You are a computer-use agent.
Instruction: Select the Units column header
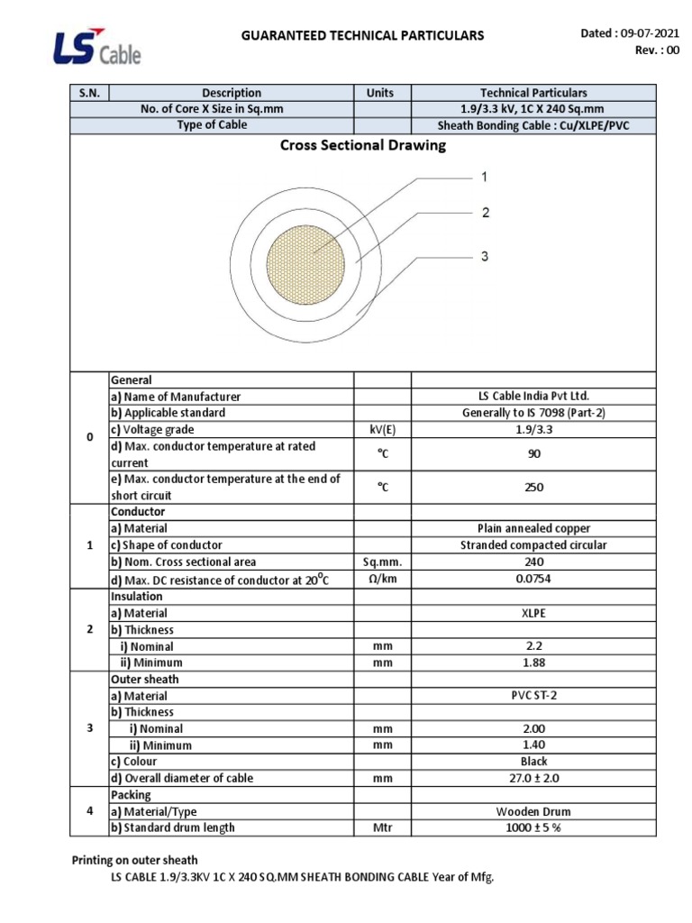pos(381,93)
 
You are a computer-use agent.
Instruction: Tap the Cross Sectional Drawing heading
pos(363,145)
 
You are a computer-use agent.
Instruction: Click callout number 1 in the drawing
pos(484,178)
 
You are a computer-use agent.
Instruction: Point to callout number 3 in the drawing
pos(484,257)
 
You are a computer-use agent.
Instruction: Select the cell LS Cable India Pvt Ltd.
pos(533,397)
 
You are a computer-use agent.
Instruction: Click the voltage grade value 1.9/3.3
pos(533,430)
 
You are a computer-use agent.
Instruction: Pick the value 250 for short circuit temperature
pos(533,488)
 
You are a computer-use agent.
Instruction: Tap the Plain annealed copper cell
pos(533,528)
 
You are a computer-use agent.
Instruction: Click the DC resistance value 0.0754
pos(533,579)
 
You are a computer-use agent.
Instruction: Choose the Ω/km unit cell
pos(381,579)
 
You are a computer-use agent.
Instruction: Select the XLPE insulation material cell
pos(533,613)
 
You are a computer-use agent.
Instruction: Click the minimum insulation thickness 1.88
pos(533,663)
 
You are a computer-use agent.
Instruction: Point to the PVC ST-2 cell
pos(533,696)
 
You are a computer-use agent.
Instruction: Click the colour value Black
pos(533,762)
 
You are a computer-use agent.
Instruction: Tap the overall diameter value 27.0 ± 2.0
pos(533,778)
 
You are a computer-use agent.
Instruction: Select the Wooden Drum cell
pos(533,811)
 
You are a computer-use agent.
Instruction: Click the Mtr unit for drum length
pos(381,827)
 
